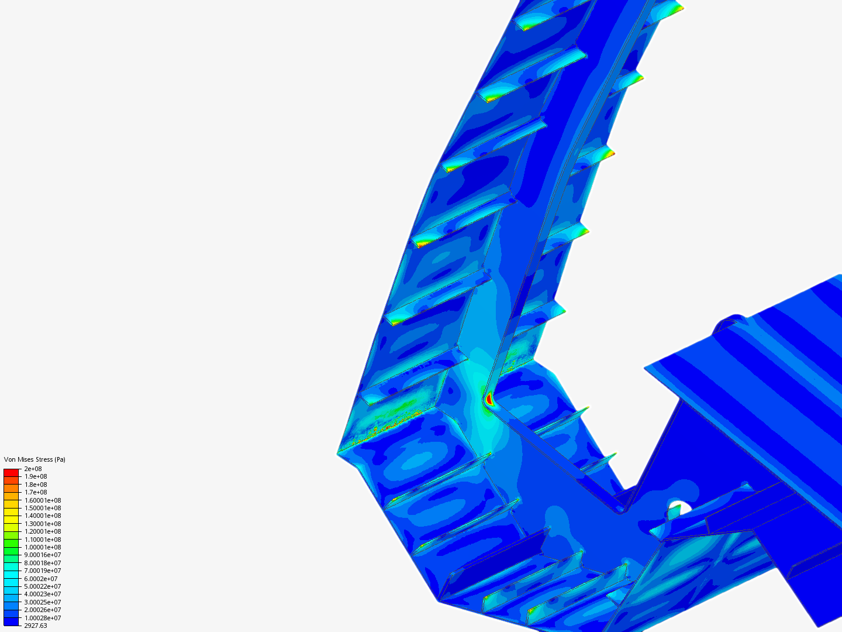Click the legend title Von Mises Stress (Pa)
[34, 459]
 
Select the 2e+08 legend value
[33, 469]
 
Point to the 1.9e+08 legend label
[36, 476]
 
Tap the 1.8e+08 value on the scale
[36, 485]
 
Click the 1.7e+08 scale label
[36, 492]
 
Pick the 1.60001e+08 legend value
[43, 500]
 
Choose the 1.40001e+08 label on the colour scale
[43, 516]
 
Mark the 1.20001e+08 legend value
[43, 531]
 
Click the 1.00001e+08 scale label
[43, 547]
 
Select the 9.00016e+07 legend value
[43, 555]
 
